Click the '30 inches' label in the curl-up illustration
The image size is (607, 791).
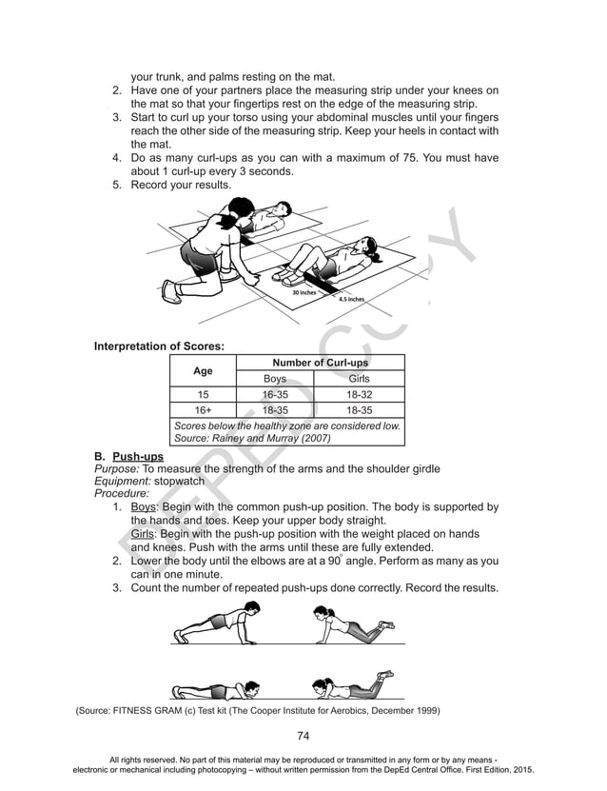tap(303, 292)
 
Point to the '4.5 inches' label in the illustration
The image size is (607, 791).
tap(351, 299)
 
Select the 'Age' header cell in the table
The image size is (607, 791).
tap(203, 370)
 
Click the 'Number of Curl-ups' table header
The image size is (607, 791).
tap(320, 363)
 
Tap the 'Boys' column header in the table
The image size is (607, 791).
tap(275, 379)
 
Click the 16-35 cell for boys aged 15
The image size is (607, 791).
tap(275, 395)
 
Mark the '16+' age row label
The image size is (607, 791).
tap(203, 410)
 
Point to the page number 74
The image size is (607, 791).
tap(303, 735)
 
